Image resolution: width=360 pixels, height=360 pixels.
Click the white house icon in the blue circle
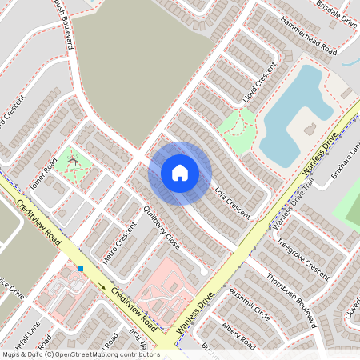180,173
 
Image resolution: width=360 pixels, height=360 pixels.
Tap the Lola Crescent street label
234,203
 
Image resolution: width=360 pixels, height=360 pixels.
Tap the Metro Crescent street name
126,247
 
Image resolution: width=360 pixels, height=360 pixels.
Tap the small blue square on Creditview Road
81,269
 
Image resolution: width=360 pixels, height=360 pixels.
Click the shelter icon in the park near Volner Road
74,162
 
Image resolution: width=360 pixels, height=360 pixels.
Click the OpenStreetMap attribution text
80,354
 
